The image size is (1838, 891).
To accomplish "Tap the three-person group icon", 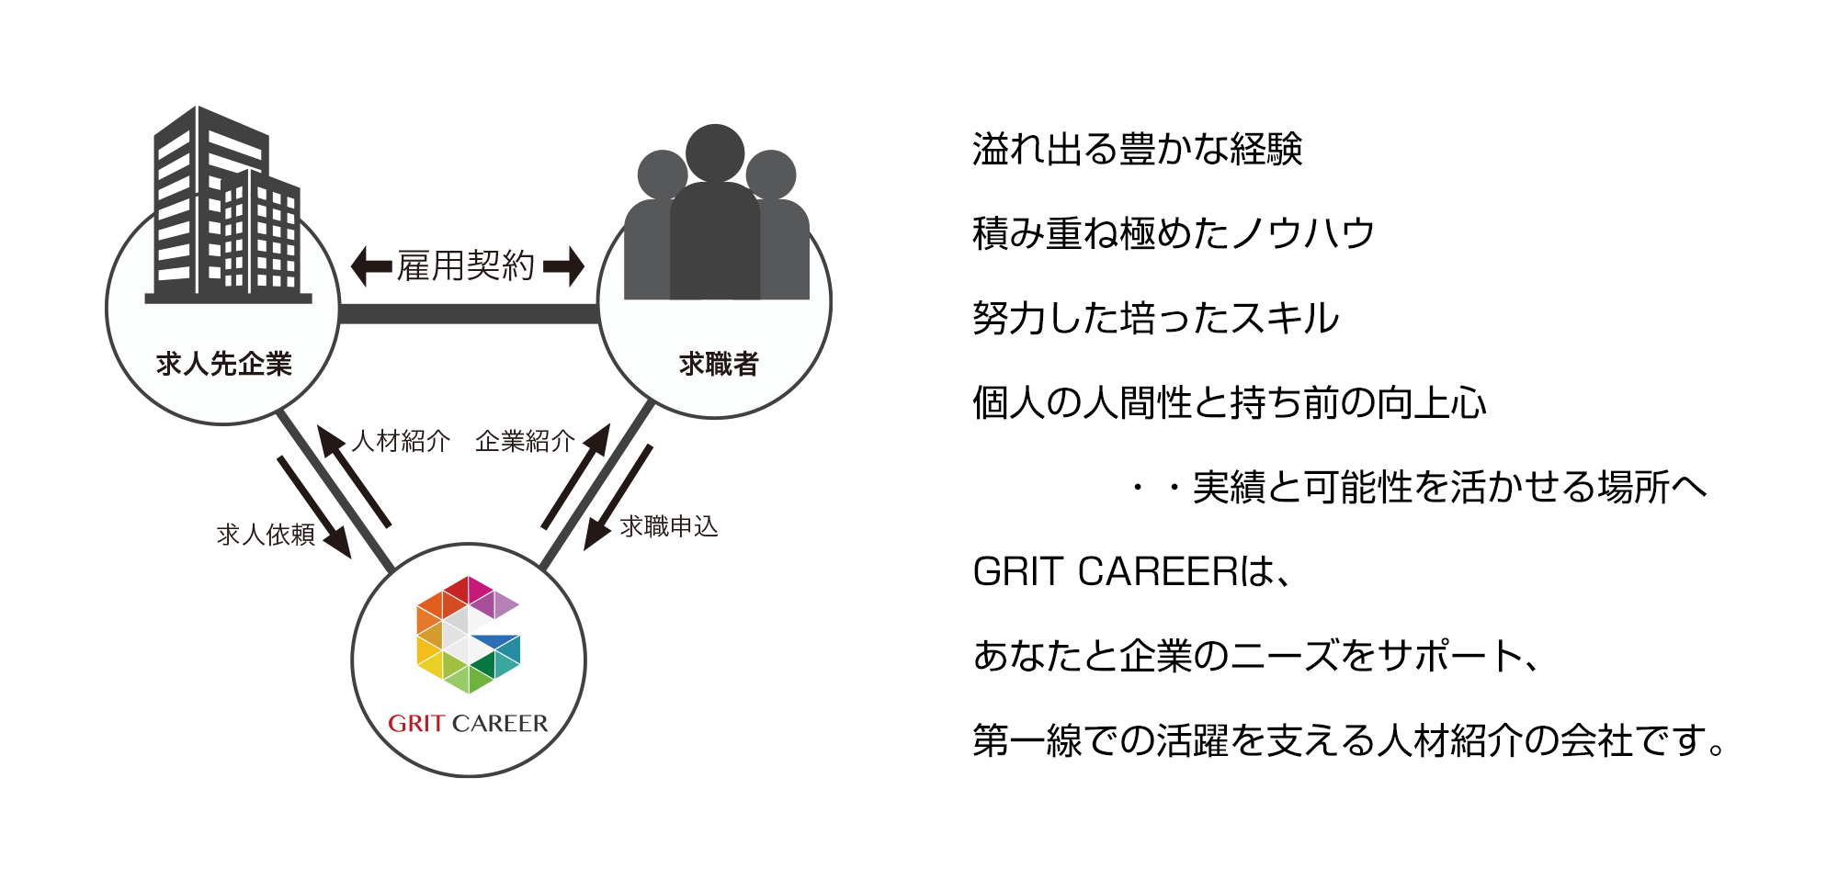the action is click(716, 212).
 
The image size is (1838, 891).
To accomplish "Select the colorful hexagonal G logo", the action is click(468, 635).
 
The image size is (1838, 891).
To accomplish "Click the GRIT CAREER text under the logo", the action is click(468, 724).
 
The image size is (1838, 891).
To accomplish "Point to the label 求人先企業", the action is click(224, 364).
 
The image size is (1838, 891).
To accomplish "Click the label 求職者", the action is click(719, 364).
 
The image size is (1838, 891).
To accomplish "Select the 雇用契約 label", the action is click(466, 265).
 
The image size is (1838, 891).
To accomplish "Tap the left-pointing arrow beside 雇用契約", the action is click(371, 266).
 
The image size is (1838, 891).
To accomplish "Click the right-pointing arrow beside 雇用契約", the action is click(563, 266).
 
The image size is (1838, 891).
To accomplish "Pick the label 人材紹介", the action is click(401, 441).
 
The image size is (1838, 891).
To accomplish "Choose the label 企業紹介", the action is click(525, 441).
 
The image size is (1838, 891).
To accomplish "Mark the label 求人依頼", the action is click(266, 535).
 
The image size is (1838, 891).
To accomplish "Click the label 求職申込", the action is click(669, 526).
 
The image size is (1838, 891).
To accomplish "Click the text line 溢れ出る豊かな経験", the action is click(1138, 149).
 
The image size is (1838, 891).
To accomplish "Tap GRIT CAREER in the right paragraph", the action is click(1106, 571).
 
